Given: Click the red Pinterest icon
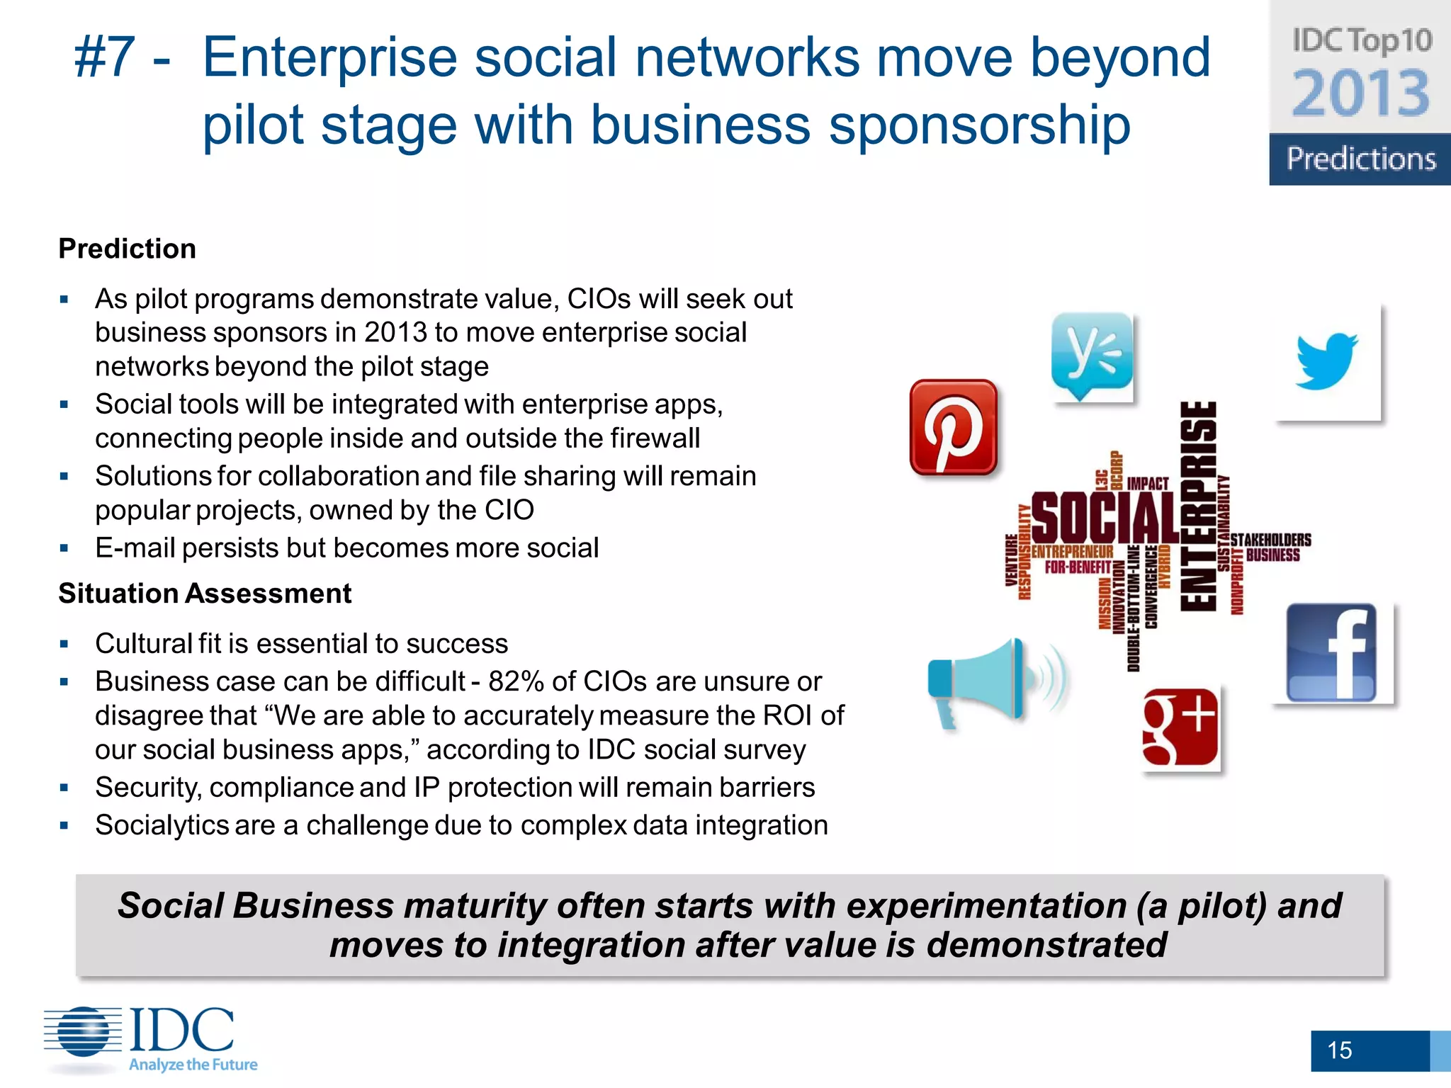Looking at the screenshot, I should [953, 427].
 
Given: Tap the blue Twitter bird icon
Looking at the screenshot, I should [1327, 361].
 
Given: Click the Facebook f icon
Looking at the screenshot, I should [1332, 653].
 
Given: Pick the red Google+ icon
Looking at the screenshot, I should [1180, 727].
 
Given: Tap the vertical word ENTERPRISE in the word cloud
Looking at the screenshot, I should [1198, 506].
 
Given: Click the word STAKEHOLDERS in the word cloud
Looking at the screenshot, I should [1271, 540].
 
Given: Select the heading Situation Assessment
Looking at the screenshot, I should [205, 594].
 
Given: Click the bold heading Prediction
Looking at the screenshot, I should [127, 249].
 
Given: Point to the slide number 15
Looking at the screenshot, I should [1339, 1050].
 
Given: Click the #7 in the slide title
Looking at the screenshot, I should [105, 58].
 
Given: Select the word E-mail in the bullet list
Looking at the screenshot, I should [135, 548].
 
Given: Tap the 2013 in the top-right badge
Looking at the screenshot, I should [1360, 93].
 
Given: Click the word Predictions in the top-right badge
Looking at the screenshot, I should [1360, 159].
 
